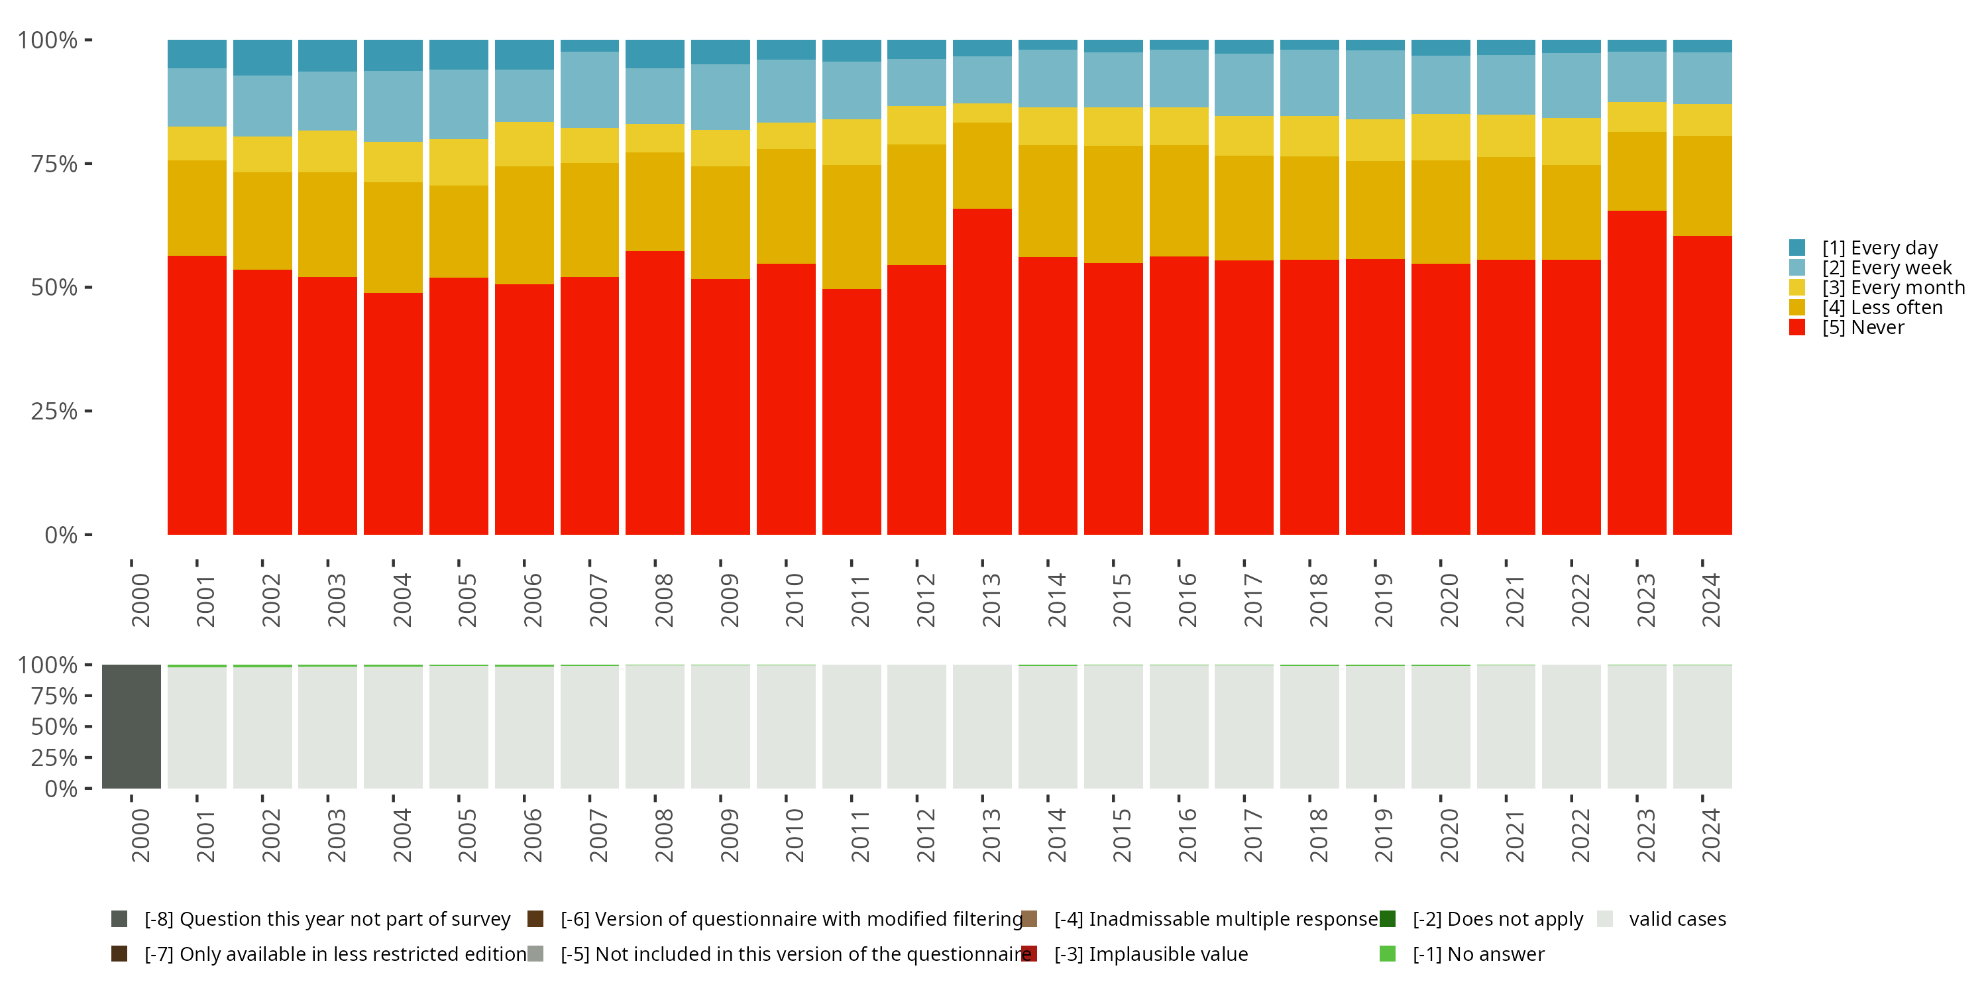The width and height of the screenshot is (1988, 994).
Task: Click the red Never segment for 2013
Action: [981, 371]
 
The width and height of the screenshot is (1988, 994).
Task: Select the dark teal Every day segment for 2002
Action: [262, 57]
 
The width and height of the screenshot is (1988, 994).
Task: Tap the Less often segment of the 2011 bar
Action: [852, 227]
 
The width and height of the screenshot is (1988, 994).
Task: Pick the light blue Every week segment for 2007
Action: [590, 89]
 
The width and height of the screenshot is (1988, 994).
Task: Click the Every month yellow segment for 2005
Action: [459, 162]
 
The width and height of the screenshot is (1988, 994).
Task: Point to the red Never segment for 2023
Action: [1637, 372]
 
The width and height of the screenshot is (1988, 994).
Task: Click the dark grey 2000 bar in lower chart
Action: [131, 726]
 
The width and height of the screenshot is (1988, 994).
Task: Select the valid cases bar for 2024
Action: [1702, 727]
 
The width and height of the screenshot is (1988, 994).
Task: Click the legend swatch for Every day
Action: [1797, 248]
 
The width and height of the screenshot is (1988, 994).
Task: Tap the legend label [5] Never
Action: [1863, 327]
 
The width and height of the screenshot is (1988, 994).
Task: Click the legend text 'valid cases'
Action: [1678, 919]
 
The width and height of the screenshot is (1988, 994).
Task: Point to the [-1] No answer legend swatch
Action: [1388, 954]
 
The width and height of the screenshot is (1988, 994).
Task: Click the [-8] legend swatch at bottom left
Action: [119, 918]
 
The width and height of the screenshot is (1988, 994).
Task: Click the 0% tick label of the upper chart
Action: [61, 535]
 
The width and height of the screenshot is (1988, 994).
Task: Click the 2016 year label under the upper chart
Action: [1187, 600]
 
